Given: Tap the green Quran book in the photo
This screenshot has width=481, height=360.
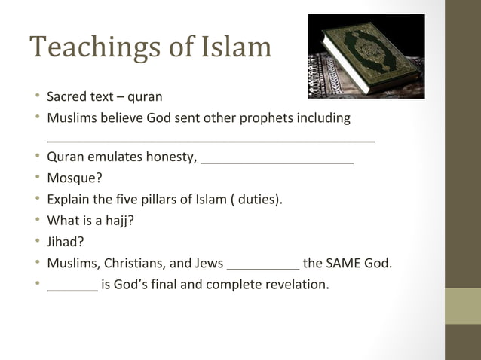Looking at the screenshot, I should coord(365,54).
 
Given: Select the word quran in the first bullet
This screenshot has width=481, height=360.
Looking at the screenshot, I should coord(145,97).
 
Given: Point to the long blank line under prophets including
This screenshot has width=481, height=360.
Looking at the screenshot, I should coord(210,140).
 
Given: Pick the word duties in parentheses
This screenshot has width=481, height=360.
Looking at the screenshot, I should coord(257,200).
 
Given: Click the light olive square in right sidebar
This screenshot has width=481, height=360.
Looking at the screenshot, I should coord(462,306).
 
